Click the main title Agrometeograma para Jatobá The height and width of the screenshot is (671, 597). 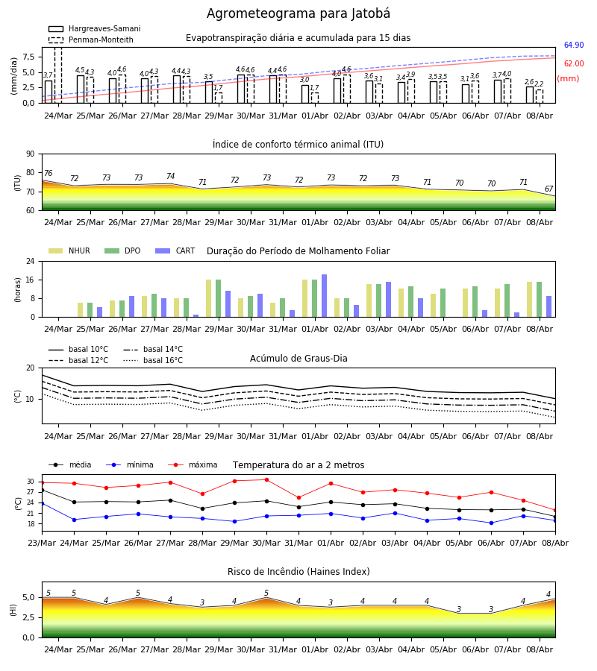pos(298,13)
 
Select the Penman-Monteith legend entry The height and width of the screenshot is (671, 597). pos(91,40)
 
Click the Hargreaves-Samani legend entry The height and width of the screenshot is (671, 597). pos(94,28)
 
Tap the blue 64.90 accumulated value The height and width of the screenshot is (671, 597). pos(574,45)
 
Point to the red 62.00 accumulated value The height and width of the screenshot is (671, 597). pos(574,64)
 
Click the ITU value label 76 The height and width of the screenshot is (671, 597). pos(48,173)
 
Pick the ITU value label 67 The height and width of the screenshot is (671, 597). pos(548,189)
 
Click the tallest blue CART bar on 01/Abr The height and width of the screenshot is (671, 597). pos(324,296)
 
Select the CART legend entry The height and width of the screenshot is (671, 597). pos(175,251)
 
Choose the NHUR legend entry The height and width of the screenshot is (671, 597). pos(69,251)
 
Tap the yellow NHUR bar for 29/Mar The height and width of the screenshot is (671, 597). pos(208,298)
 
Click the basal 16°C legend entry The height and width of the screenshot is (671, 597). pos(153,360)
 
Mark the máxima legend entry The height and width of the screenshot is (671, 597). pos(193,464)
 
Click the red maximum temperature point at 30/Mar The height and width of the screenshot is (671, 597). pos(267,479)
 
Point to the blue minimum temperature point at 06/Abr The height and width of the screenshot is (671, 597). pos(491,523)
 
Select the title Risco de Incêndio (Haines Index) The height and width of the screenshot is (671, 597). pos(298,572)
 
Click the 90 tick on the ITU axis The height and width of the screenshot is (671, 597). pos(31,154)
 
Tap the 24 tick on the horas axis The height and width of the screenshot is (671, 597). pos(31,261)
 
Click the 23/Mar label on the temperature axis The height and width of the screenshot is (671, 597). pos(42,543)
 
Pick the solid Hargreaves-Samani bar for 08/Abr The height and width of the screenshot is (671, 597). pos(530,95)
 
